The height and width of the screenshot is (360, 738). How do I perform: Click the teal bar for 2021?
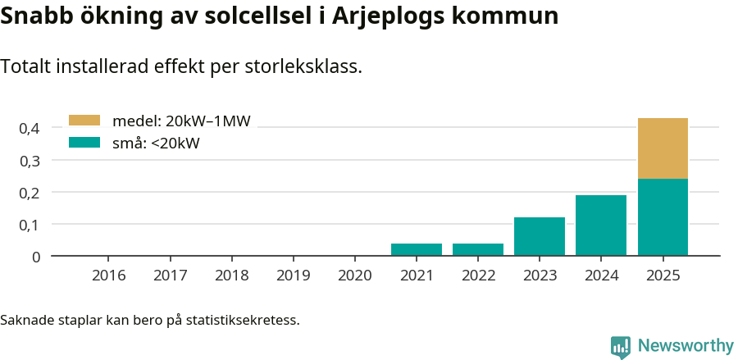click(x=417, y=249)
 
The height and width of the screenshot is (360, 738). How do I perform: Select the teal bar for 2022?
click(x=478, y=249)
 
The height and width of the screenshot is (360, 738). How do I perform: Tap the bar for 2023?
click(x=540, y=236)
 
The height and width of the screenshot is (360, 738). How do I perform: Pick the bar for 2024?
click(x=601, y=226)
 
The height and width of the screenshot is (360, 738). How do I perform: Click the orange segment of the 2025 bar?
click(x=663, y=148)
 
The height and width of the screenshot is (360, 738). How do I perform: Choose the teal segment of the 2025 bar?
click(x=663, y=217)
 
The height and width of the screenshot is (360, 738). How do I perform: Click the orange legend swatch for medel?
click(x=84, y=121)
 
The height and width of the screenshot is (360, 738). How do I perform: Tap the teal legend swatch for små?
click(x=84, y=143)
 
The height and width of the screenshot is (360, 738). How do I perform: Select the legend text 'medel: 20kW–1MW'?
click(x=181, y=121)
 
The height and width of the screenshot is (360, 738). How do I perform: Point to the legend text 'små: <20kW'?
click(x=156, y=144)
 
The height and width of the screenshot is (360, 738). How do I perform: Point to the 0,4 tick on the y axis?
click(x=30, y=128)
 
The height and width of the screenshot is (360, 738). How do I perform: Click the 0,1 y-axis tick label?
click(x=30, y=225)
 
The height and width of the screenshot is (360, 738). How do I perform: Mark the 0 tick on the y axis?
click(x=36, y=257)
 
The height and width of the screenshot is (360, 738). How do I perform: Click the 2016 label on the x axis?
click(x=109, y=276)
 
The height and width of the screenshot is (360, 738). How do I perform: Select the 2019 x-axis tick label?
click(x=294, y=276)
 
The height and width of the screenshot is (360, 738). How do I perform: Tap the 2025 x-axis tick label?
click(x=663, y=276)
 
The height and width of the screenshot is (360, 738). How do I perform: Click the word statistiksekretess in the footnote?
click(x=243, y=319)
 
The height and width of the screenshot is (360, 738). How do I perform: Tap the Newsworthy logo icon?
click(x=621, y=346)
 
